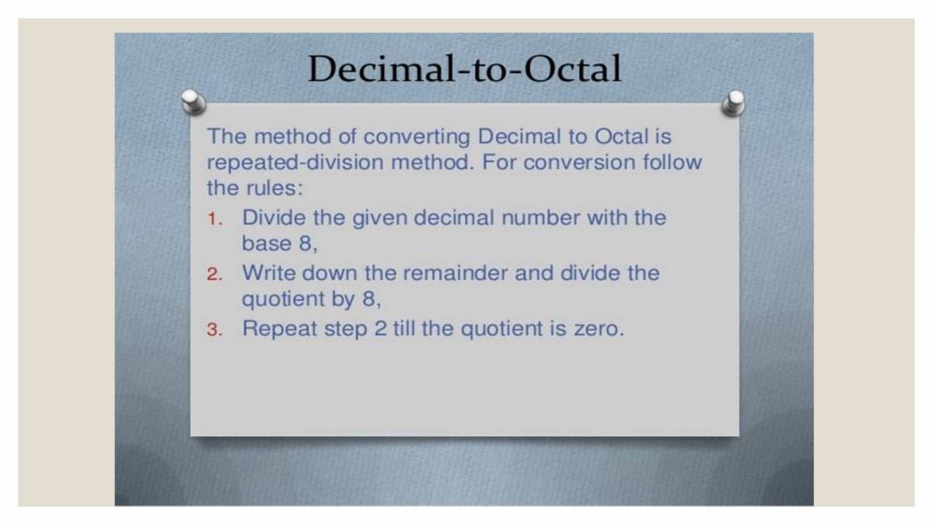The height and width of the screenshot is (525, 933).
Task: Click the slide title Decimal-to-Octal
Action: (464, 69)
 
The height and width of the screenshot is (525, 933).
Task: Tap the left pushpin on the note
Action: (192, 101)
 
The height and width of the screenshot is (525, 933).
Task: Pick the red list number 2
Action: (214, 275)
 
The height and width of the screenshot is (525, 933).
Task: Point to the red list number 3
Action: (214, 330)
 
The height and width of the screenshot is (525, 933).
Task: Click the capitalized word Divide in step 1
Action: (274, 217)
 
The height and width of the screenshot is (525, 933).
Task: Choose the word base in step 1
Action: (266, 243)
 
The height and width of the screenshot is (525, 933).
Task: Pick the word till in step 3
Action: (403, 328)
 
